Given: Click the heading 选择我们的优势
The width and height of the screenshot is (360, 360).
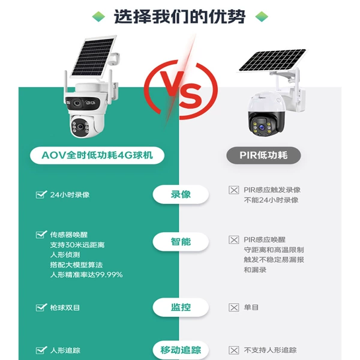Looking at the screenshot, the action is click(179, 17).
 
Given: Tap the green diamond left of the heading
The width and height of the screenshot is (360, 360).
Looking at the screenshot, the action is click(98, 17).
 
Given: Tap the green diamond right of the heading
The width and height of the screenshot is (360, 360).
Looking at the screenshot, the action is click(262, 17).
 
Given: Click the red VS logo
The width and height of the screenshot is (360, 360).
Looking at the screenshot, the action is click(181, 89).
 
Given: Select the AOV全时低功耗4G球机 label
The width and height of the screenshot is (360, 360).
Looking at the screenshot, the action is click(97, 155).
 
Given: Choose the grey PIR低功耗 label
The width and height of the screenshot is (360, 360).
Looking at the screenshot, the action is click(263, 155).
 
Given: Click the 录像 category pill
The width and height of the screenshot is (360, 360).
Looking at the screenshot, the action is click(181, 194).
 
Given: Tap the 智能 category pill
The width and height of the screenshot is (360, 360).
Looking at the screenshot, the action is click(181, 242).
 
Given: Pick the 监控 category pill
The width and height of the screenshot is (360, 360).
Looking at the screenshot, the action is click(181, 307).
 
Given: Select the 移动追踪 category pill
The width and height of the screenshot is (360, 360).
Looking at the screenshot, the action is click(181, 350).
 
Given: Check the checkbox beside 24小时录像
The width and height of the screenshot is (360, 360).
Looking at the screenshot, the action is click(41, 194).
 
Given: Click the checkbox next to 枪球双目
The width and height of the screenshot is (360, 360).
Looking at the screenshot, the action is click(41, 307).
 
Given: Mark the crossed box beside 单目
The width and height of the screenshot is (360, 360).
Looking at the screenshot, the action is click(234, 307).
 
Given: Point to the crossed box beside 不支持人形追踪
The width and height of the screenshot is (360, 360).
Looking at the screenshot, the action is click(234, 350).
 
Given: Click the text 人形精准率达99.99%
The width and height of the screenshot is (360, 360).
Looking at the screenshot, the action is click(86, 275).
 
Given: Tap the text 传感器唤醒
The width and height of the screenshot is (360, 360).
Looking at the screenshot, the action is click(69, 235).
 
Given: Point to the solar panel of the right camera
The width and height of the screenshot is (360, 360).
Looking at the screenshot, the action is click(272, 60).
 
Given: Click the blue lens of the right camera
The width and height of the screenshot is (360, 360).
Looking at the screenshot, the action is click(262, 127).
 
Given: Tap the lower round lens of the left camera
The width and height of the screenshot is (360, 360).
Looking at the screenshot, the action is click(80, 127).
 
